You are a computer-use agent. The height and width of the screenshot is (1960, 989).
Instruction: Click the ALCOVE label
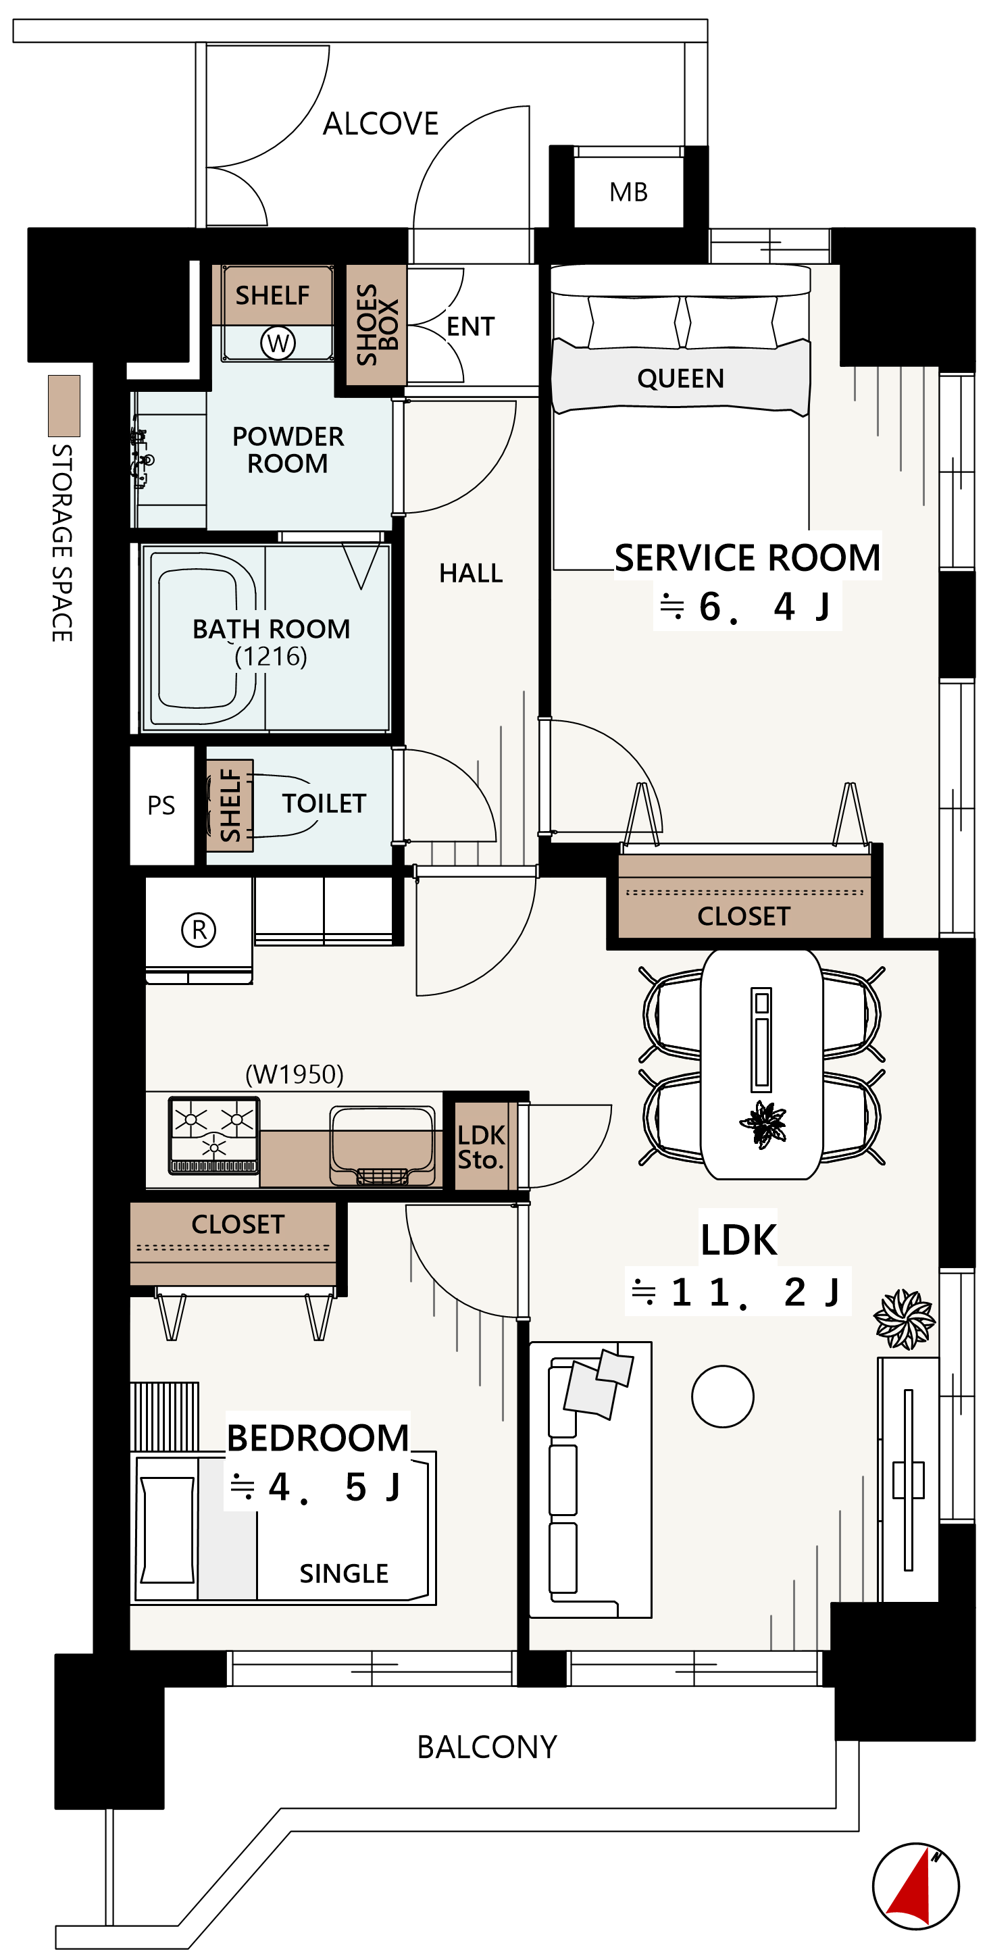(380, 123)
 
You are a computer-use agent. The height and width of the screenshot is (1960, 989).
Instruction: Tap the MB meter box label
(628, 192)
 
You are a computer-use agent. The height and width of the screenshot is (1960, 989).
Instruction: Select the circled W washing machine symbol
(278, 343)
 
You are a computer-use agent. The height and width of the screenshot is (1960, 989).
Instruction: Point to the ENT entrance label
(470, 326)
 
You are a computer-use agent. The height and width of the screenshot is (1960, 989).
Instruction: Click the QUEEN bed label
(680, 378)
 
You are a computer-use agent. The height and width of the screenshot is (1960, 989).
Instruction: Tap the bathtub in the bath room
(203, 638)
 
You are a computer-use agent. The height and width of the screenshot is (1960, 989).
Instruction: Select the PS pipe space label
(161, 805)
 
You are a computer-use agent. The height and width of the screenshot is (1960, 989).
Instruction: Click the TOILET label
(324, 803)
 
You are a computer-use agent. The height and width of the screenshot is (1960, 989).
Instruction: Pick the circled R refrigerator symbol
(199, 929)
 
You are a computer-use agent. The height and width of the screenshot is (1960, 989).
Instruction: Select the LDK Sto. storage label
(480, 1147)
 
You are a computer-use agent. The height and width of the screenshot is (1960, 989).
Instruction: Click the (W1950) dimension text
(295, 1074)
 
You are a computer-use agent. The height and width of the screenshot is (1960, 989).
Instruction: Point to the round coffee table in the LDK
(723, 1397)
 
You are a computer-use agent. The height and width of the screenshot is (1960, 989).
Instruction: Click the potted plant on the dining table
(763, 1124)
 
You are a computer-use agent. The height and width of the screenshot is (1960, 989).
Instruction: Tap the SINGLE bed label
(344, 1573)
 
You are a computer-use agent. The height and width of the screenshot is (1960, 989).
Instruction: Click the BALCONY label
(487, 1747)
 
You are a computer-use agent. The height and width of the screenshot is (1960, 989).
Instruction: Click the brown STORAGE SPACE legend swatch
(64, 405)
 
